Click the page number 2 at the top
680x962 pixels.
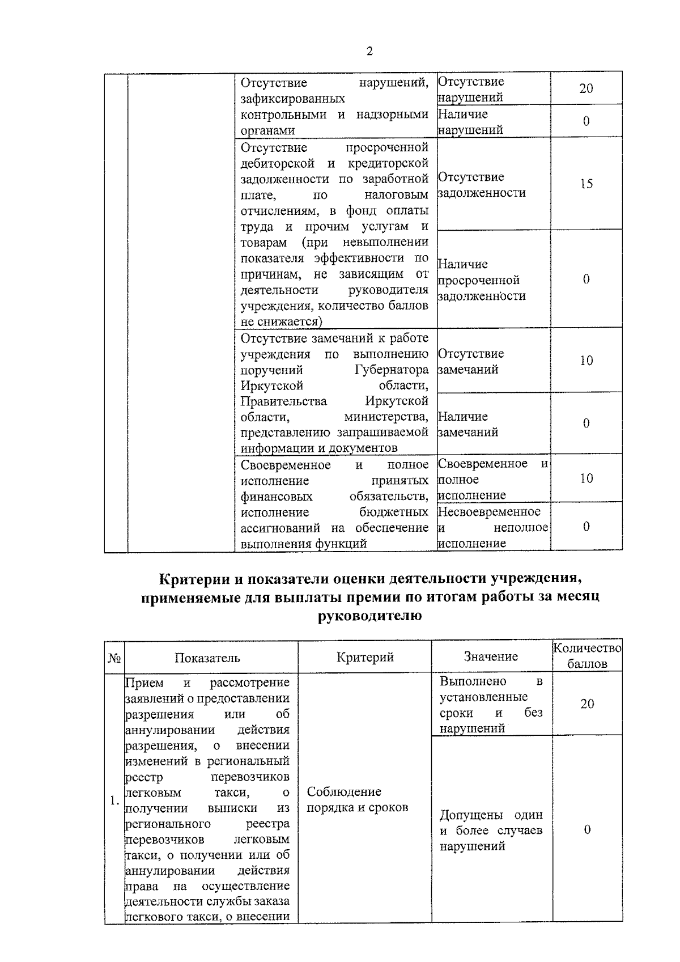click(369, 52)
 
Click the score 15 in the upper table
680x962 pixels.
click(586, 184)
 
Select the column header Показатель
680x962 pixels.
click(207, 658)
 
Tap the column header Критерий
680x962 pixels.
click(365, 657)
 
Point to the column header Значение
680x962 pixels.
click(491, 656)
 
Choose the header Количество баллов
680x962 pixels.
click(587, 656)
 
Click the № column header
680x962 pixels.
click(113, 658)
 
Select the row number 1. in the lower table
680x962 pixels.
click(114, 800)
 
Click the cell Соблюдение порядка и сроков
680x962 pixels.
click(357, 799)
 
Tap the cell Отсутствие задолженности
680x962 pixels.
click(482, 185)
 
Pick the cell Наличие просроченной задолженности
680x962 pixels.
click(482, 280)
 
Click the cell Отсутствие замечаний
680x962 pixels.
click(471, 362)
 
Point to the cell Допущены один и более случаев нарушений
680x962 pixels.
click(491, 830)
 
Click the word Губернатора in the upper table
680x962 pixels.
click(392, 370)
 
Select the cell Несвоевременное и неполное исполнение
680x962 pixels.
click(492, 527)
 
